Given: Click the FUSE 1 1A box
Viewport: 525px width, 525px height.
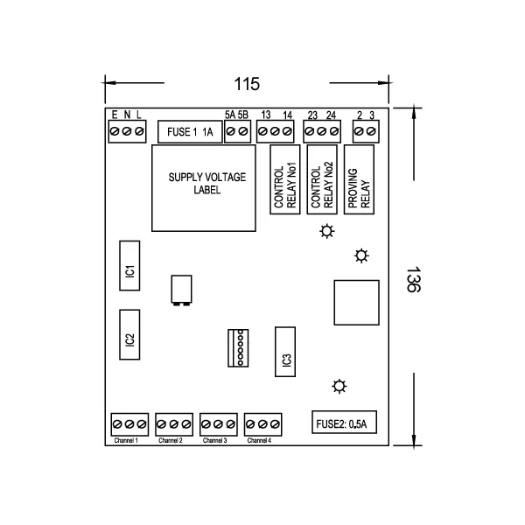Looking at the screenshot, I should coord(189,132).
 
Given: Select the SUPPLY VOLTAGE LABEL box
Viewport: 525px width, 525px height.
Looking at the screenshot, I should coord(207,187).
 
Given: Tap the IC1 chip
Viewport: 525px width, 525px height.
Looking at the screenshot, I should coord(129,265).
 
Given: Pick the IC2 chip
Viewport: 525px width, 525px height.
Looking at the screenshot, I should coord(129,335).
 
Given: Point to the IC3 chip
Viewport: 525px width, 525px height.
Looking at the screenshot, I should coord(285,353).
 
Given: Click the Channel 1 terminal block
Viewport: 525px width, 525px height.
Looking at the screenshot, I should coord(127,424).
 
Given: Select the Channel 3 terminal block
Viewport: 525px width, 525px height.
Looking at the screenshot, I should coord(215,424).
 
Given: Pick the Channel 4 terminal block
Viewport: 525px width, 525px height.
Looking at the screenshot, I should coord(261,424).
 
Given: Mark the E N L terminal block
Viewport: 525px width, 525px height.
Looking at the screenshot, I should coord(127,131).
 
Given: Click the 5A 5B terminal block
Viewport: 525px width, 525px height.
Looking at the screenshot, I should coord(237,131).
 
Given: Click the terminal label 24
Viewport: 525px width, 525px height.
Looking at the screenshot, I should coord(331,115).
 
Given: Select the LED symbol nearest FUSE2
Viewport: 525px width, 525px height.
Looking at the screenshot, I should coord(339,386).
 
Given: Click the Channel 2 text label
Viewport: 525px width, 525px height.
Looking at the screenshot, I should coord(171,440).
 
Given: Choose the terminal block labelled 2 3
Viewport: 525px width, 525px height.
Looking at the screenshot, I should coord(366,131).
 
